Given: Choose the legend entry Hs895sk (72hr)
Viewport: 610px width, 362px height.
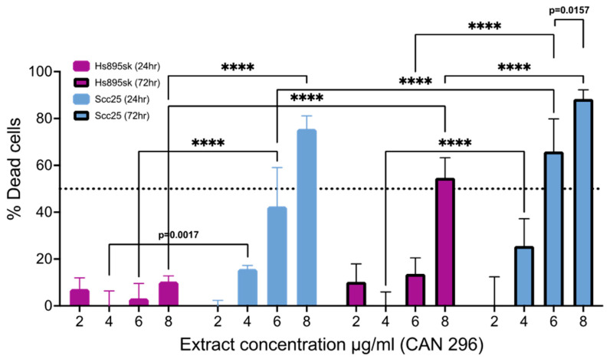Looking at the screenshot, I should [119, 83].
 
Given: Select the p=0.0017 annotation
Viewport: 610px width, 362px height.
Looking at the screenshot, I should [179, 236].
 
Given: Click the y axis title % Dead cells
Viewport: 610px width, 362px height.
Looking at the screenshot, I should [14, 188].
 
